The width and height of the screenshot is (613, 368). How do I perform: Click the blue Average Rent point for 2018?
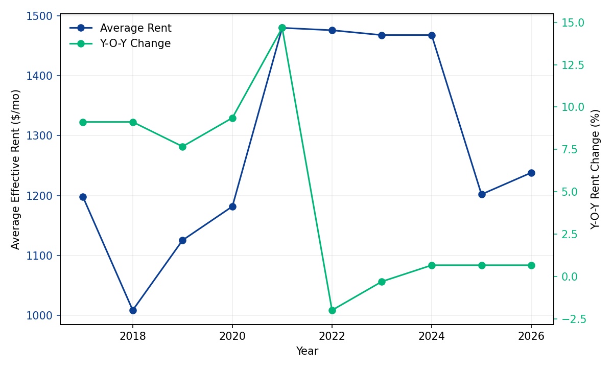click(x=133, y=310)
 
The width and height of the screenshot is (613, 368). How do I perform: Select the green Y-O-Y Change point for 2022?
click(x=332, y=310)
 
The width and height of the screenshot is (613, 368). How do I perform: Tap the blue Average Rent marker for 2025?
click(x=482, y=194)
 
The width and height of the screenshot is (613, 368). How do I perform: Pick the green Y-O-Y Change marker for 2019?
click(x=182, y=147)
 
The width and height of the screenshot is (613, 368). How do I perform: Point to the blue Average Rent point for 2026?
click(x=531, y=173)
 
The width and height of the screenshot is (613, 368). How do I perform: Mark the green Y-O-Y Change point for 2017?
click(x=83, y=122)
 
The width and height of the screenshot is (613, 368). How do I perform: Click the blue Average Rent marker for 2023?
click(x=382, y=35)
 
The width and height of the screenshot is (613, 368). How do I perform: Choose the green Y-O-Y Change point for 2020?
click(x=232, y=118)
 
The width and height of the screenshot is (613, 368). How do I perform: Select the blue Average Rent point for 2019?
click(x=182, y=240)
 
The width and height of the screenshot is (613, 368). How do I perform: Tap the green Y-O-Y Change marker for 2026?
click(x=531, y=265)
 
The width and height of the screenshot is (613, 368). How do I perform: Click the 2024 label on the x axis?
click(x=432, y=336)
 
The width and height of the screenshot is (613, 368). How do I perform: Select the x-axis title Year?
click(x=307, y=351)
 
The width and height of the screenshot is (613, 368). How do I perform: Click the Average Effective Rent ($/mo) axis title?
click(x=16, y=169)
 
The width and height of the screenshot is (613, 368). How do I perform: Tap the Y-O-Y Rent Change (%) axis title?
click(x=595, y=169)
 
